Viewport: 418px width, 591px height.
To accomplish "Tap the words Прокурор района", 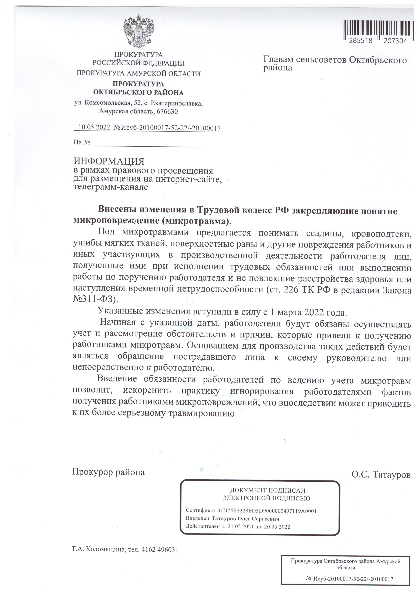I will pyautogui.click(x=108, y=472).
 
